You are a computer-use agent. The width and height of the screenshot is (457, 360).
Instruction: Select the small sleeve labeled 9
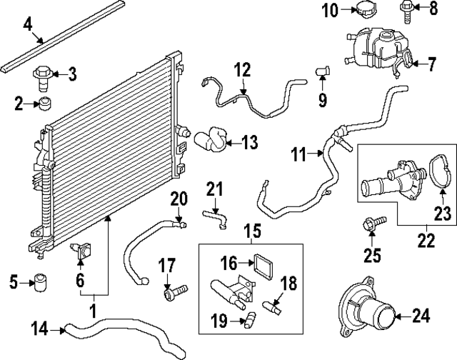click(x=322, y=71)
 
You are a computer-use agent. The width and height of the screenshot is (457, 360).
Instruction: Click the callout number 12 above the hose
click(x=242, y=71)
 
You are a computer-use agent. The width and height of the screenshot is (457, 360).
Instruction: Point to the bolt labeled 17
click(x=173, y=292)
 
